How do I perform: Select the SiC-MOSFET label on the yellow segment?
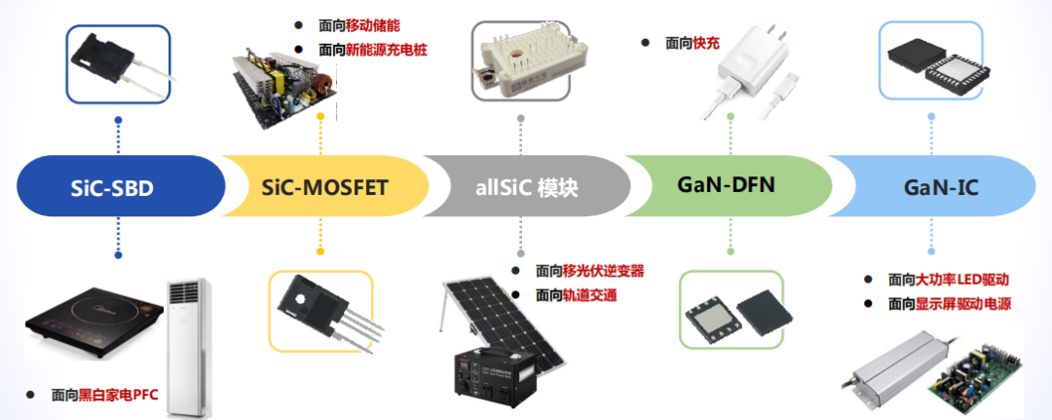click(x=325, y=186)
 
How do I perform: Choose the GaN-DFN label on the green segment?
click(x=726, y=182)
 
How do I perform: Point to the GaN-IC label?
click(x=940, y=186)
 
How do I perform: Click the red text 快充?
click(x=706, y=43)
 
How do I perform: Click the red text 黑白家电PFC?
click(x=119, y=394)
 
